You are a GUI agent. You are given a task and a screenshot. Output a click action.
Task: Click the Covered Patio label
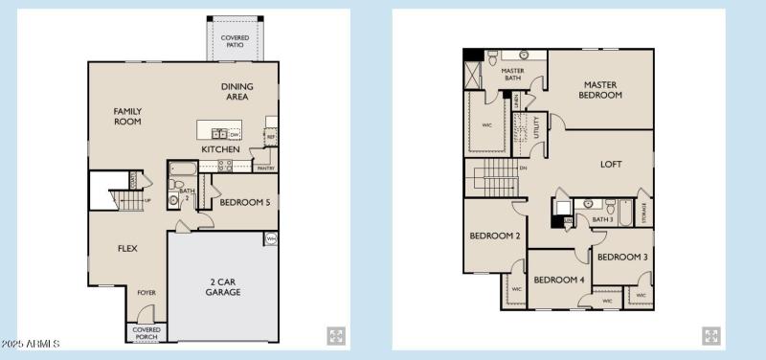[235, 41]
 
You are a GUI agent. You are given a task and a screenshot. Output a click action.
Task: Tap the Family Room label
[127, 116]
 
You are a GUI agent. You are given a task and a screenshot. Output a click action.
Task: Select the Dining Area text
[236, 91]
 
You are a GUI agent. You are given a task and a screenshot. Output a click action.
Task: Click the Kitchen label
[220, 149]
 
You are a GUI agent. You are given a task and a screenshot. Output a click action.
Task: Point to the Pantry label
[265, 168]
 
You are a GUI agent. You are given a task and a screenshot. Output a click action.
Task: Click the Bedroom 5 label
[245, 203]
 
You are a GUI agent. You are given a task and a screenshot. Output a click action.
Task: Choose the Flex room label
[127, 248]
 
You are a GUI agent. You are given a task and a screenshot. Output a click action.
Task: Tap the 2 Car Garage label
[223, 287]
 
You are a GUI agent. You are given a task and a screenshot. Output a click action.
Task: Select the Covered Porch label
[146, 332]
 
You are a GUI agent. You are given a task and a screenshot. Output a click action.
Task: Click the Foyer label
[146, 292]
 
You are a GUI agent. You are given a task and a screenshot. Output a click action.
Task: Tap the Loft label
[611, 164]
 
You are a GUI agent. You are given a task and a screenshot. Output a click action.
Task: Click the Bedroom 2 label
[494, 236]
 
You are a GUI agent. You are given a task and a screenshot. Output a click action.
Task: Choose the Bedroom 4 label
[558, 280]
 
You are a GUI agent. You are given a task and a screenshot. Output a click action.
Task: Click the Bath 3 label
[602, 219]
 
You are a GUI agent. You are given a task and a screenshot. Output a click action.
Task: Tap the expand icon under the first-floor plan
[336, 335]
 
